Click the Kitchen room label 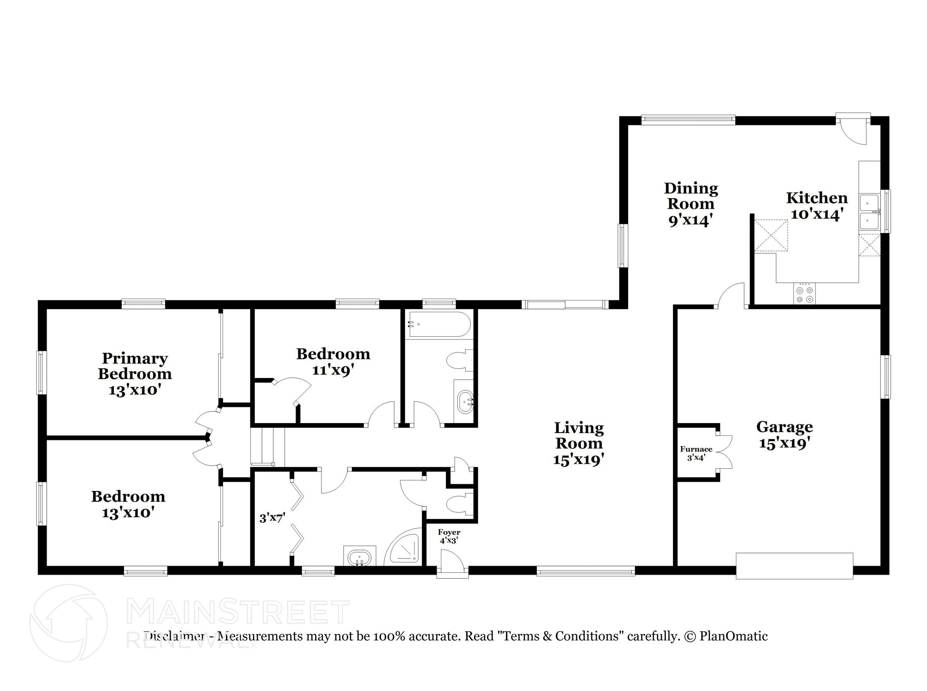pos(817,198)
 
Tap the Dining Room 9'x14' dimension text pos(691,220)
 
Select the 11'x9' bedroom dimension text pos(333,370)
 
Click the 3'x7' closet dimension pos(272,518)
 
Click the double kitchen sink pos(869,212)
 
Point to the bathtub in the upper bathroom pos(439,324)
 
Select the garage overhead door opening pos(794,566)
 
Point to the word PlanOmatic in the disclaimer pos(733,636)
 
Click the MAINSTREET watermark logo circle pos(68,624)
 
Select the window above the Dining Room pos(688,120)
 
